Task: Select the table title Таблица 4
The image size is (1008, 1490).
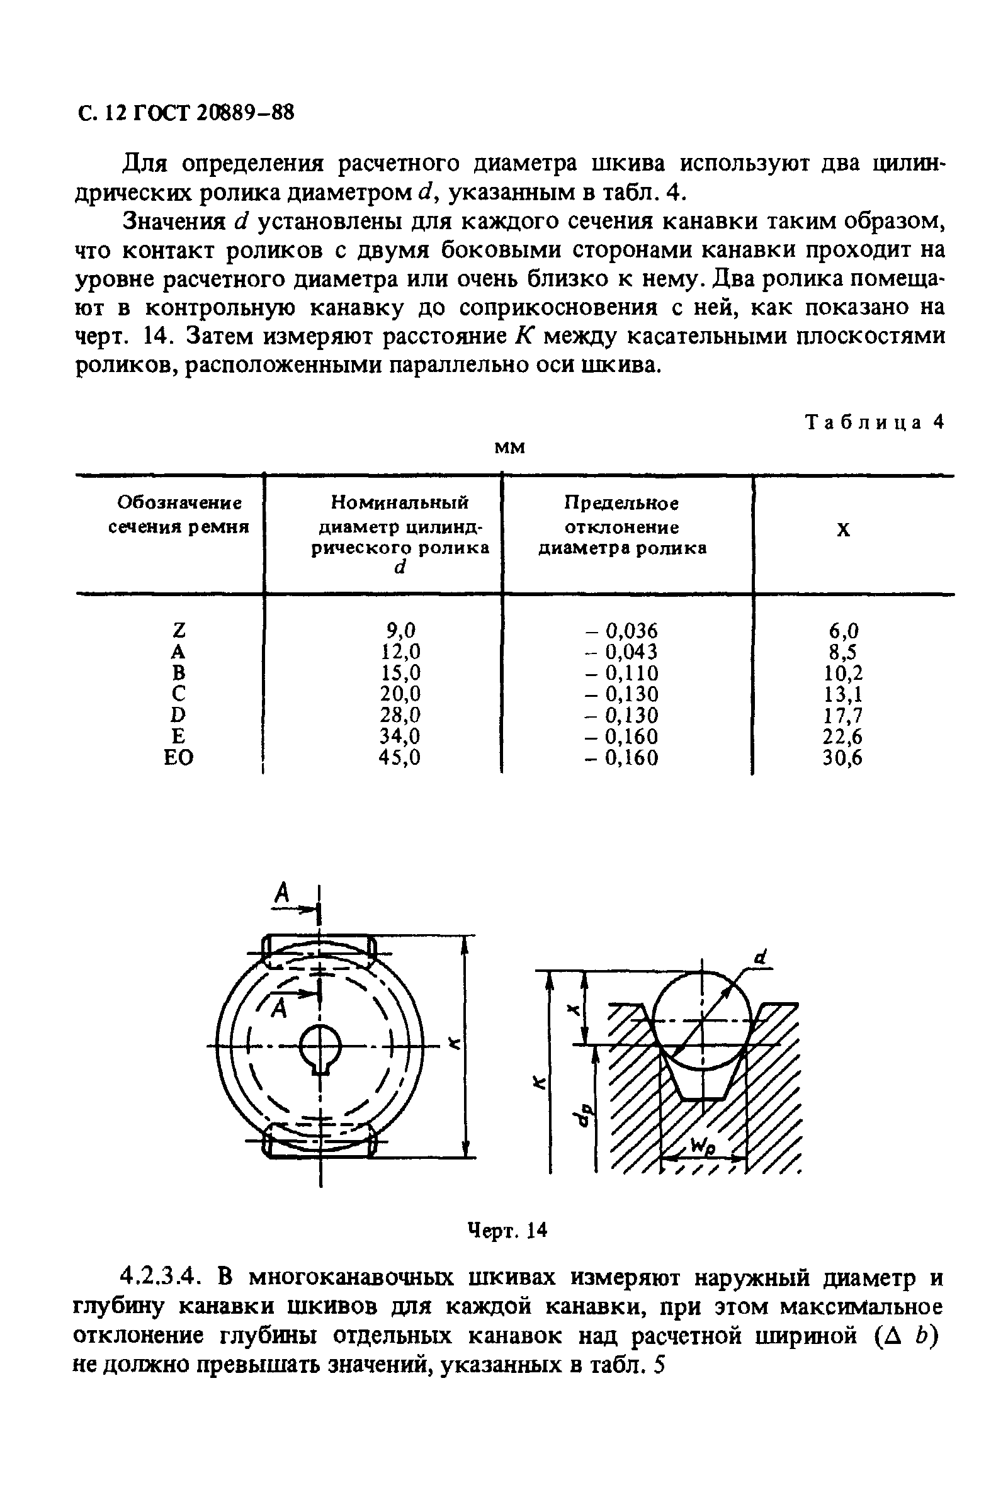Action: [875, 422]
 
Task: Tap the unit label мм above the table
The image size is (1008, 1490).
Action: [510, 447]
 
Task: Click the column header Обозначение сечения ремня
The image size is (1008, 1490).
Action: [178, 515]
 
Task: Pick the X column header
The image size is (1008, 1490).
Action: [844, 529]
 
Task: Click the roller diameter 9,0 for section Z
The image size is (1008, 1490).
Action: [400, 630]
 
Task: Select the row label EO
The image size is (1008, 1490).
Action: [178, 758]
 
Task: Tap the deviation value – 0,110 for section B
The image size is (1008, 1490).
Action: [621, 673]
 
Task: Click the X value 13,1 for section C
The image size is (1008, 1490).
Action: [843, 694]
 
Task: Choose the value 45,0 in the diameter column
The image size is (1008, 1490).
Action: [400, 758]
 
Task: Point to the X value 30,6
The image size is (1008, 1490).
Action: [843, 759]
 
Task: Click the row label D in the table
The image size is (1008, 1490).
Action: [178, 715]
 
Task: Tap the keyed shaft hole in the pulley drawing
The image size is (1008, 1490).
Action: [320, 1049]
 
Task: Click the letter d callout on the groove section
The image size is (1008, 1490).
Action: [761, 958]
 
